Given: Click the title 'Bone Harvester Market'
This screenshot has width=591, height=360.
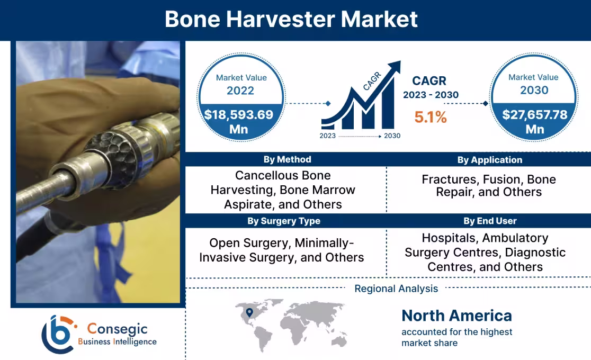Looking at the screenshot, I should coord(291,19).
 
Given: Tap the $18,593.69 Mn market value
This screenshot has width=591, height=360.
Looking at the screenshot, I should coord(239,121).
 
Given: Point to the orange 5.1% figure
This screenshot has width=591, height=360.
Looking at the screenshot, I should coord(430,117).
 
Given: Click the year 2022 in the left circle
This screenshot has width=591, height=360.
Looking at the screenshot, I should coord(240,91).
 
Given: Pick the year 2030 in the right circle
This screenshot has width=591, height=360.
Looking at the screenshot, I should coord(533,90).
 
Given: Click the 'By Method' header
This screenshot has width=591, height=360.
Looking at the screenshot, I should coord(287,159).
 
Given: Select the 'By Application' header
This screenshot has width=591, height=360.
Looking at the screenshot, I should coord(489,159).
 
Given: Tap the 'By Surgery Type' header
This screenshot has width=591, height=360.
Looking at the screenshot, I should coord(284,221).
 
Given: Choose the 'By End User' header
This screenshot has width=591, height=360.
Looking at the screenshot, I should coord(489,221).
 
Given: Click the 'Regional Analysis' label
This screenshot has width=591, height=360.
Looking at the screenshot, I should coord(396,289).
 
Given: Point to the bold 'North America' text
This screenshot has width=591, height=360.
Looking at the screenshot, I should coord(456,316).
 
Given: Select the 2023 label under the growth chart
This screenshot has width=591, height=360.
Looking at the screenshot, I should coord(328,136).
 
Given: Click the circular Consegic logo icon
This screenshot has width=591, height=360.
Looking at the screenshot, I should coord(57,334).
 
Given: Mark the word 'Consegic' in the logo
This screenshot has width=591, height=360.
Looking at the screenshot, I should coord(117,329).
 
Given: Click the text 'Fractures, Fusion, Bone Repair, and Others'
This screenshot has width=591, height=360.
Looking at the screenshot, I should coord(488,186).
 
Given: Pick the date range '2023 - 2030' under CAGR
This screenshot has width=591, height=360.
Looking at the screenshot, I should coord(430,95).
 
